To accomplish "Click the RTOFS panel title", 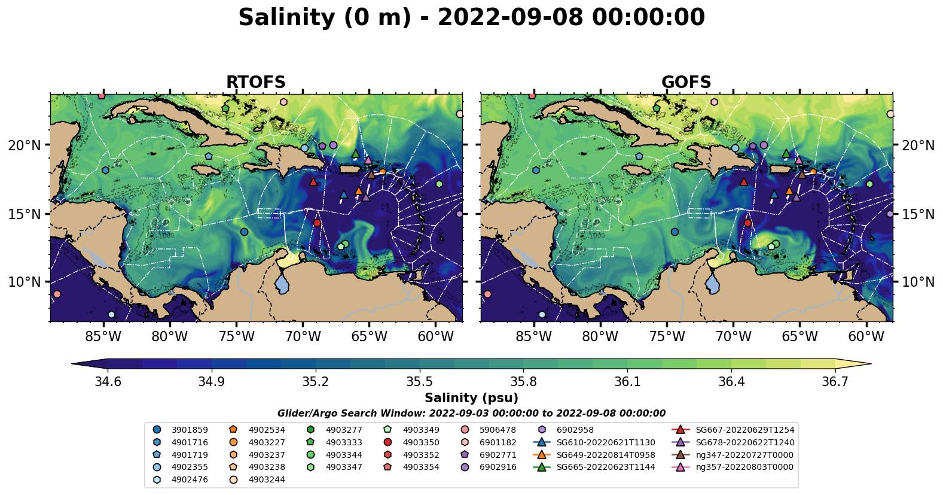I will click(x=255, y=83).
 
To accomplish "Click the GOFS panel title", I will click(x=686, y=83).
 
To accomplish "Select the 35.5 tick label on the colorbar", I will click(x=419, y=382).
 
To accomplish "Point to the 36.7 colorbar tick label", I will click(x=835, y=382).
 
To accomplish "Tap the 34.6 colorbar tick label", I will click(x=108, y=382).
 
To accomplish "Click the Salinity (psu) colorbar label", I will click(x=471, y=398).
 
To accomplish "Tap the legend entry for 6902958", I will click(x=575, y=430).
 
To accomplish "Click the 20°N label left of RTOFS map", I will click(x=25, y=145).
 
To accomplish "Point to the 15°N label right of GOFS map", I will click(x=918, y=214).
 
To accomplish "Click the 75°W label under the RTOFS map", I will click(x=236, y=336).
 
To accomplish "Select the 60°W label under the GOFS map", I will click(x=866, y=336).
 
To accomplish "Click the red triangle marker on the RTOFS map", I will click(x=313, y=181).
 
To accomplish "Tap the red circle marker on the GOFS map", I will click(x=747, y=223).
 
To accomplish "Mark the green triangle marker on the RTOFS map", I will click(x=356, y=153).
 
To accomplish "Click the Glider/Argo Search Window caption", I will click(x=471, y=414).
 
